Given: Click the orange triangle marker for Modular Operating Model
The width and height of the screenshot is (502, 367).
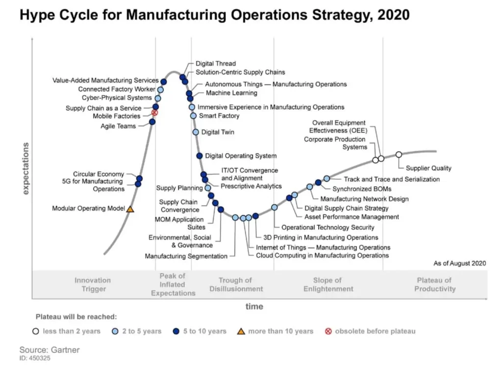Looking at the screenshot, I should (130, 209).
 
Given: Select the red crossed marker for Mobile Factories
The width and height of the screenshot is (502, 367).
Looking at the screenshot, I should (154, 113).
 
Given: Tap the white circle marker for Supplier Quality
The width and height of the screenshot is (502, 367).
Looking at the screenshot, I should (399, 155).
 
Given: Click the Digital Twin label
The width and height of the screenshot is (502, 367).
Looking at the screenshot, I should (218, 132).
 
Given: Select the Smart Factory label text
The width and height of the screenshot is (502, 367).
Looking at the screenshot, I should (219, 116).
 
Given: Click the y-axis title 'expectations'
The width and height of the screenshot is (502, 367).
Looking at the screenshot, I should (25, 168).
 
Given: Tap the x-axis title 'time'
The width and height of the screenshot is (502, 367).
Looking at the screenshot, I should (254, 307).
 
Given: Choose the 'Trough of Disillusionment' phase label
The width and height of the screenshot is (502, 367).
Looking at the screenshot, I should (236, 285).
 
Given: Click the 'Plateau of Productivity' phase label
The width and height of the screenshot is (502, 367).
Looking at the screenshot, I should (434, 285).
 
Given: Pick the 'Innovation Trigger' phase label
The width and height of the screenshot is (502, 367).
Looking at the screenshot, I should (93, 285).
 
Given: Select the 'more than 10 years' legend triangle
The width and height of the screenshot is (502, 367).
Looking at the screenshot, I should (241, 331).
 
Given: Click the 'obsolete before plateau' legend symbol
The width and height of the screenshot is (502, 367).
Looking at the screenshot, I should (328, 331).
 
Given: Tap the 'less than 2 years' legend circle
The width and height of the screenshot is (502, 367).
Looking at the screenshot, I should (36, 331).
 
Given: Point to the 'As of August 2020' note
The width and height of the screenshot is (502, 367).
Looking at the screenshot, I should (459, 263).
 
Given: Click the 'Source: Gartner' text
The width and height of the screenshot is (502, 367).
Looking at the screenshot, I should (49, 350).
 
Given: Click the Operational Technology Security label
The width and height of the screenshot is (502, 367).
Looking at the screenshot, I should (327, 227).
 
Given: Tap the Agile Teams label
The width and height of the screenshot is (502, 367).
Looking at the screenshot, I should (119, 126).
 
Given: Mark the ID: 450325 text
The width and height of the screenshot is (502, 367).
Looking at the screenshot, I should (35, 358).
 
